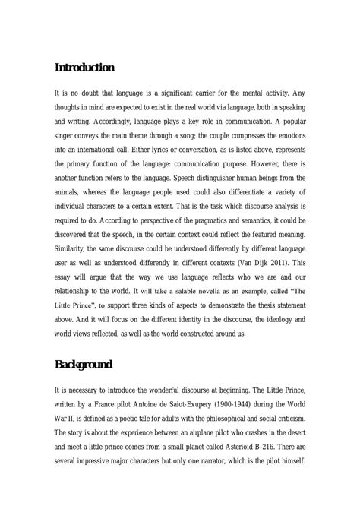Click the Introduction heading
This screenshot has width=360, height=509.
pyautogui.click(x=85, y=68)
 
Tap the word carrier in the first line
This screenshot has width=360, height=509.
pyautogui.click(x=217, y=91)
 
